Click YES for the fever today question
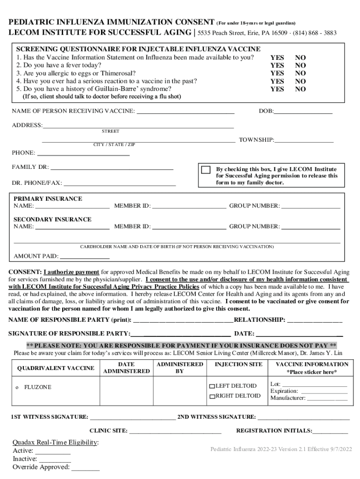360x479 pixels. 277,65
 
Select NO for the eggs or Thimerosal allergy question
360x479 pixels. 300,73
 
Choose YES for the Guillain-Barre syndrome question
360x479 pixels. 277,89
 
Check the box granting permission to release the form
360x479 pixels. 205,170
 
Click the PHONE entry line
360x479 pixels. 83,153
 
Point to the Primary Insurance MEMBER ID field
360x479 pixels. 189,206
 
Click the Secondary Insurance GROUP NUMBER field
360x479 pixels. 310,227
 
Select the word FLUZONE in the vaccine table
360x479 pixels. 38,388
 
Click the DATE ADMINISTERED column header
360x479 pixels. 126,368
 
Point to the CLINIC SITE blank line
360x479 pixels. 175,431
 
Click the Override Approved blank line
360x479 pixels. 86,467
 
